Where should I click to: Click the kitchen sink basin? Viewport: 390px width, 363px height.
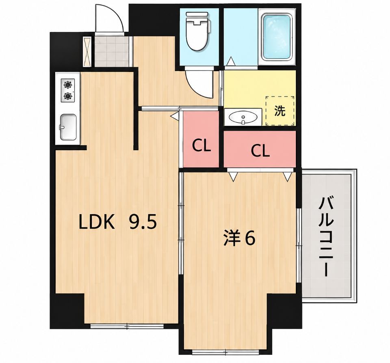[68, 127]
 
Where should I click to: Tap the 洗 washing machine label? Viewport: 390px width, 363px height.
[280, 111]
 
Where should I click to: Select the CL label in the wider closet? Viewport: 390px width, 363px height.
[260, 151]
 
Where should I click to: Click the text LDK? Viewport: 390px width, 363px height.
[97, 222]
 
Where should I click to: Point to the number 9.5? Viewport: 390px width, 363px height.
[143, 222]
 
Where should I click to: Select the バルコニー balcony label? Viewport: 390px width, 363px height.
[326, 236]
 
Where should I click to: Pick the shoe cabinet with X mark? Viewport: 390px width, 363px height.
[87, 52]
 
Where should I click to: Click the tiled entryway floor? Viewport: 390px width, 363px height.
[112, 52]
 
